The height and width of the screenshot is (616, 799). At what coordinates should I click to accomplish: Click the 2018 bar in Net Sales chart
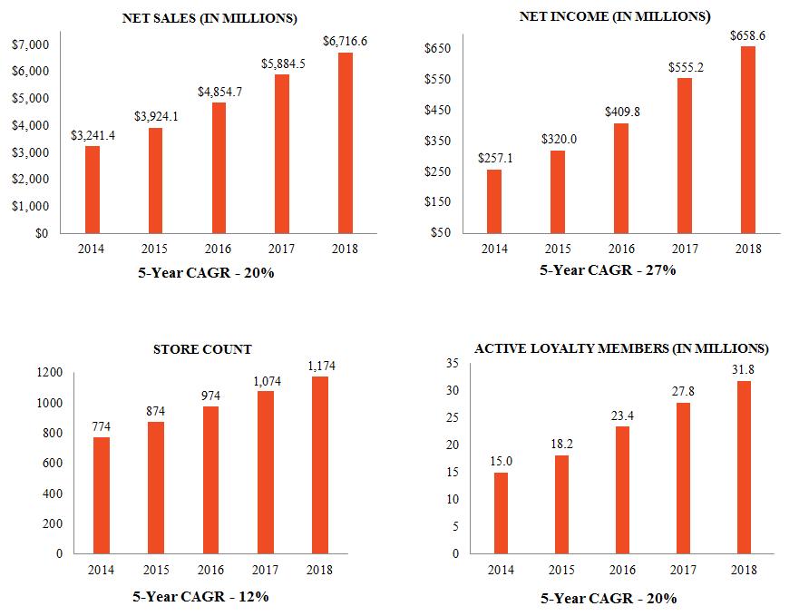pos(345,142)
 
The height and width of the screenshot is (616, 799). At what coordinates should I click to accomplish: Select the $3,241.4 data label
pos(93,134)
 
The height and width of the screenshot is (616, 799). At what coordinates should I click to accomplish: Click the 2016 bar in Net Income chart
pos(621,178)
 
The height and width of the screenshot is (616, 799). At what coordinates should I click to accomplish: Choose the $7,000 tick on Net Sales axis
pos(31,44)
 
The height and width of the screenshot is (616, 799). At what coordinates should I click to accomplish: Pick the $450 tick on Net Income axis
pos(438,110)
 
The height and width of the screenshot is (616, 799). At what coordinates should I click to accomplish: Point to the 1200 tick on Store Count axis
pos(50,372)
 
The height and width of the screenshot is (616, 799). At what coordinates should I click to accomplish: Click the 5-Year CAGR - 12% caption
pos(201,596)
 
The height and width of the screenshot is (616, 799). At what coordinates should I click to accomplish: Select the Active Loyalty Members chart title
pos(622,348)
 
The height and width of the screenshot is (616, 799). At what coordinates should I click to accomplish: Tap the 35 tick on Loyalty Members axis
pos(453,363)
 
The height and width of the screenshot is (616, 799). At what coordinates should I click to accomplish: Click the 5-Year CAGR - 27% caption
pos(609,269)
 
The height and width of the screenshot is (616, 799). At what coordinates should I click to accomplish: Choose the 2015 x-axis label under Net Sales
pos(156,249)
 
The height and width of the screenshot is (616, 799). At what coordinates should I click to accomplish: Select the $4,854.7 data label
pos(219,91)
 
